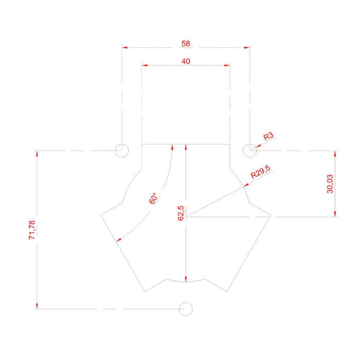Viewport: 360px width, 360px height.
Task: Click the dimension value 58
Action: [186, 43]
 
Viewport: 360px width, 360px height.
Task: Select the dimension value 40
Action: [186, 61]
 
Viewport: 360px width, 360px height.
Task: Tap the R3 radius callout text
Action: [268, 136]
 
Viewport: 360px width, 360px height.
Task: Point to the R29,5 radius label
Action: [260, 172]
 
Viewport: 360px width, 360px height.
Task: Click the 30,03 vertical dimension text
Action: [330, 184]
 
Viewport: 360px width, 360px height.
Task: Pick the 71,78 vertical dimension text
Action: [32, 230]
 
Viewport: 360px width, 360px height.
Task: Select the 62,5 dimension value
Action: [181, 213]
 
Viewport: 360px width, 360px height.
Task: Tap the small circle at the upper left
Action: [122, 151]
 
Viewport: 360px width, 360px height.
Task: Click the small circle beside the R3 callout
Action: [250, 151]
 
